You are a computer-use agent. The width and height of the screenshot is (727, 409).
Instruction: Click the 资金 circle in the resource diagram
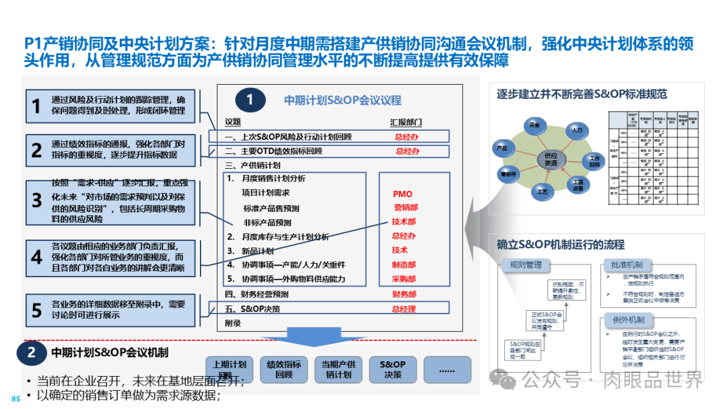(x=534, y=125)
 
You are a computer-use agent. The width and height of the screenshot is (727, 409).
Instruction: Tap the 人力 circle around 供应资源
(x=576, y=129)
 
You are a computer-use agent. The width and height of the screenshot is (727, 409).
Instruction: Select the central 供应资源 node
(x=551, y=159)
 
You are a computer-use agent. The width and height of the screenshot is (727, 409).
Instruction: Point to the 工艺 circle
(x=543, y=192)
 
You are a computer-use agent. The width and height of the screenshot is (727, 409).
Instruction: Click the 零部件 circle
(x=507, y=173)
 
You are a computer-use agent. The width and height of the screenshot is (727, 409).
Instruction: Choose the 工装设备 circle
(x=578, y=185)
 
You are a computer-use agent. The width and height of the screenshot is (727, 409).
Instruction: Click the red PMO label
(x=403, y=194)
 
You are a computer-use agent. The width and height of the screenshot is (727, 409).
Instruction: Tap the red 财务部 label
(x=404, y=294)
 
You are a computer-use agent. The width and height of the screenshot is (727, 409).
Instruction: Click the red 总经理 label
(x=404, y=309)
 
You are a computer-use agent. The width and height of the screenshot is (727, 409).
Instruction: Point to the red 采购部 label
(x=404, y=279)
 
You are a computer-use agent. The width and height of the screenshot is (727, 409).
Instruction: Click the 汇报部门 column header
(x=406, y=122)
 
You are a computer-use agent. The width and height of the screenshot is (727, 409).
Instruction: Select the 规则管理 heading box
(x=526, y=265)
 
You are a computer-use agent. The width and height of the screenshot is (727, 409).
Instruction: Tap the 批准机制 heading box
(x=623, y=265)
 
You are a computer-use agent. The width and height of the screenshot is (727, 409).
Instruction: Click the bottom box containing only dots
(x=447, y=369)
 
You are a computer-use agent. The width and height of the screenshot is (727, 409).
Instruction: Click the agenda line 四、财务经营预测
(x=256, y=294)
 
